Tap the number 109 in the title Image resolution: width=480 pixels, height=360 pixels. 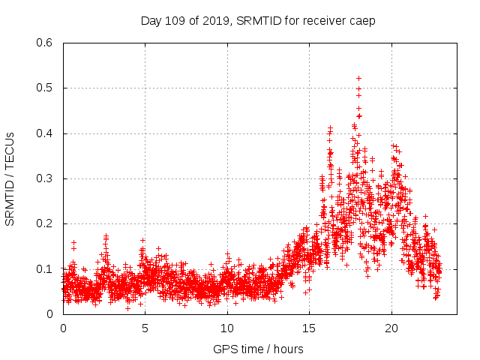point(177,21)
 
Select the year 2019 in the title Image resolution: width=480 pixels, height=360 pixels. point(217,21)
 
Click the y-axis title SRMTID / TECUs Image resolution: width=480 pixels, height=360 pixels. point(10,178)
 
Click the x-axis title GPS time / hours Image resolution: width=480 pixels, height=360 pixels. point(258,349)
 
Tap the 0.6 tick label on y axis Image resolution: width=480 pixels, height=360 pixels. point(45,43)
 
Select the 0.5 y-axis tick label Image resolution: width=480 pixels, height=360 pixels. point(45,88)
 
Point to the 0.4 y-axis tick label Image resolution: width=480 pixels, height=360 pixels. point(45,133)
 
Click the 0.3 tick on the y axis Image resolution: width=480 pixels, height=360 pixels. point(45,178)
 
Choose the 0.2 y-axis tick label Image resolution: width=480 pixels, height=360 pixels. point(45,223)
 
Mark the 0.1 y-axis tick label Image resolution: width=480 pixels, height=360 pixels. point(45,268)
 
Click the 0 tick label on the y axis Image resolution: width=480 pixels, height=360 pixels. point(50,314)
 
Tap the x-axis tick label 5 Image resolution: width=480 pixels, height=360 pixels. point(145,328)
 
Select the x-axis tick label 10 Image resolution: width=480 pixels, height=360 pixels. point(227,328)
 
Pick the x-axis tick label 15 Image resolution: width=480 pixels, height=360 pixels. point(309,328)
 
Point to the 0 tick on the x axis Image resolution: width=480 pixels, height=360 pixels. point(63,328)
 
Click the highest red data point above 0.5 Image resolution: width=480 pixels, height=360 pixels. point(358,78)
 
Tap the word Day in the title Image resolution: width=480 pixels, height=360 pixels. point(152,21)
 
